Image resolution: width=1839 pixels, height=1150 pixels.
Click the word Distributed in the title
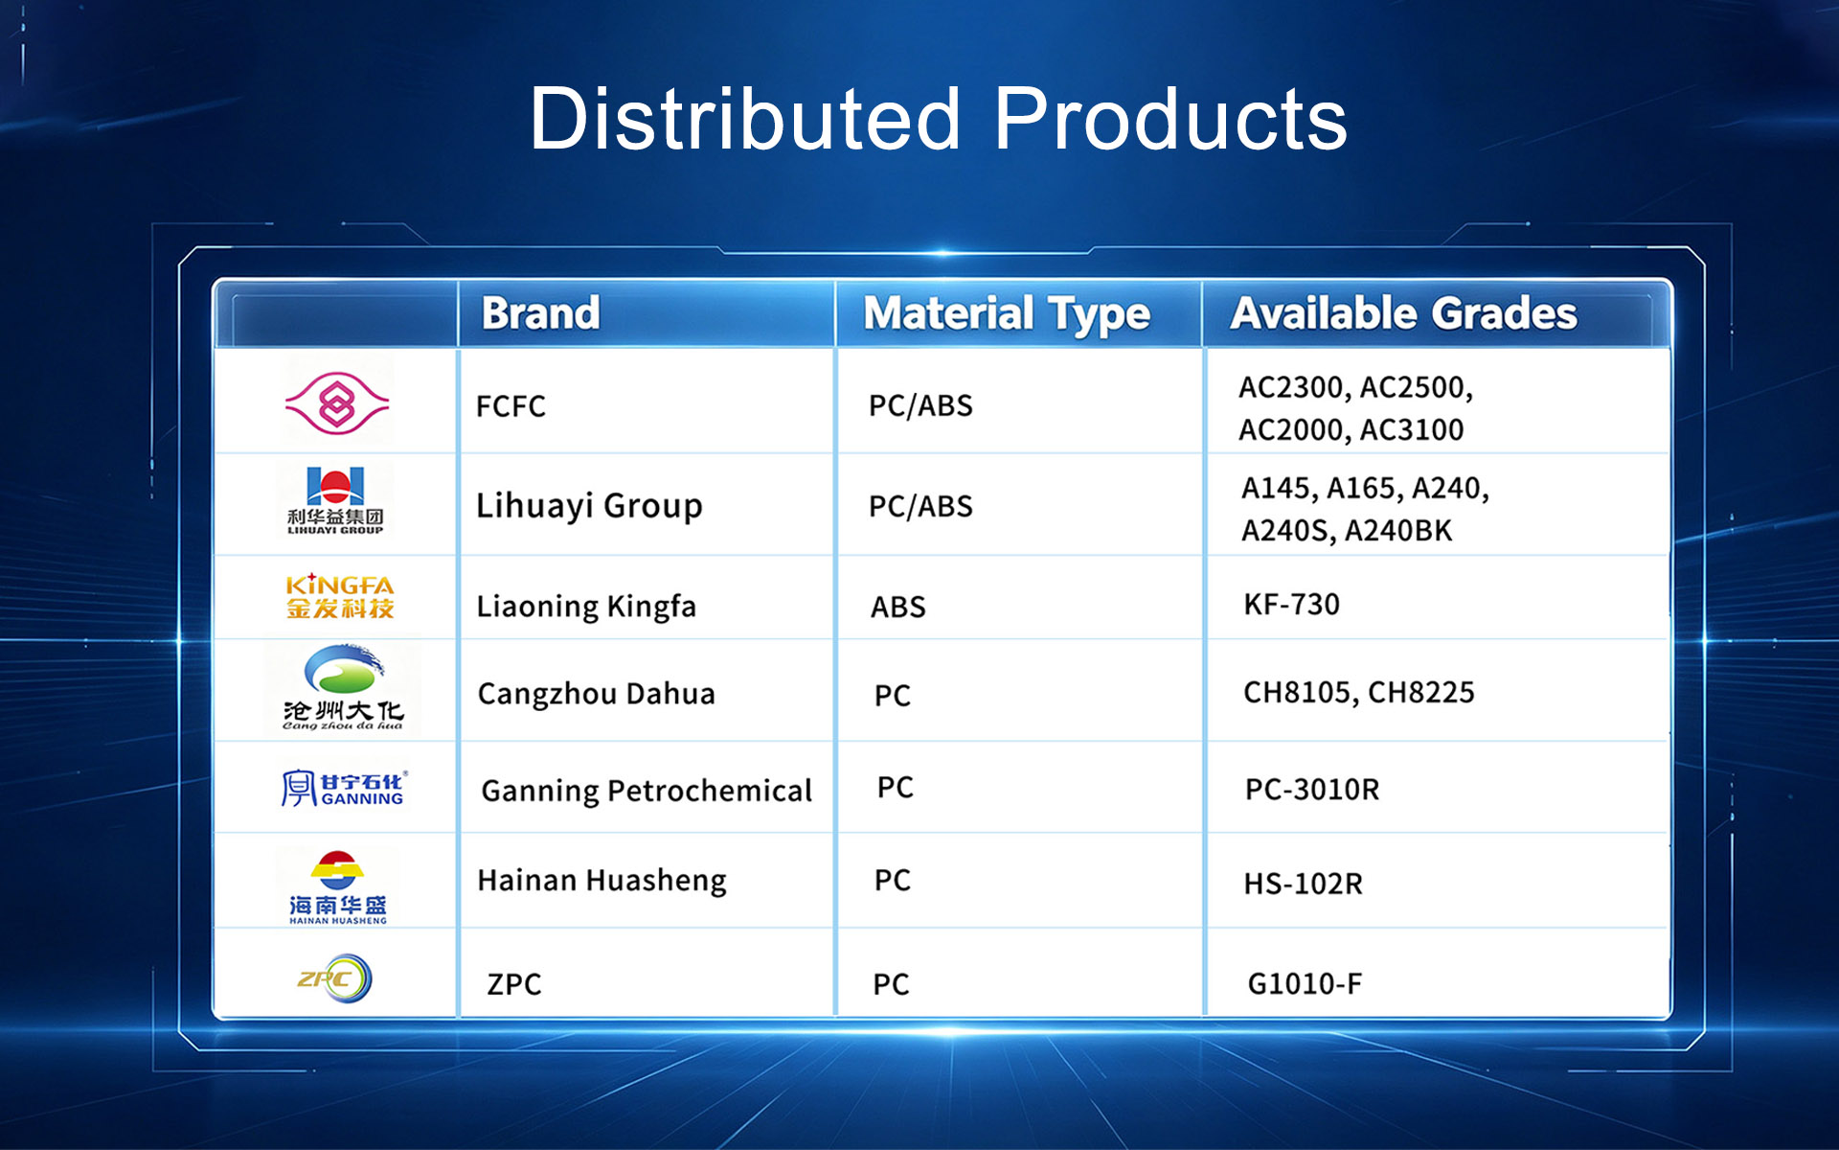[745, 119]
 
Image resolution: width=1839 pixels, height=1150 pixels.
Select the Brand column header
[540, 313]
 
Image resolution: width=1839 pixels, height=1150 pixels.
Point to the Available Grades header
[1404, 313]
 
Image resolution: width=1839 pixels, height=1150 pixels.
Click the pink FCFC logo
[337, 403]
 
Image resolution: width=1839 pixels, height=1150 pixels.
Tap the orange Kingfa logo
[340, 596]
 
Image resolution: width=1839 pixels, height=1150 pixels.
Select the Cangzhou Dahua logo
[343, 688]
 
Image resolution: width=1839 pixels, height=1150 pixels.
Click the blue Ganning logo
[344, 788]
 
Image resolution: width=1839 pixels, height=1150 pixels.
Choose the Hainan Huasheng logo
[338, 887]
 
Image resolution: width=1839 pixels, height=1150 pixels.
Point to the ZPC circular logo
[334, 978]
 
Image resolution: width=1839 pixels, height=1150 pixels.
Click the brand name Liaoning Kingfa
[586, 607]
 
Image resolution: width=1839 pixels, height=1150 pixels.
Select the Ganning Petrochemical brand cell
[647, 791]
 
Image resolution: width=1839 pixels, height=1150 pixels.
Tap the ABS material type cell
[898, 607]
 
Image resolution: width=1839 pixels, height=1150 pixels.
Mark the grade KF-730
[1291, 605]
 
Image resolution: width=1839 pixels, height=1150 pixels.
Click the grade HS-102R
[1304, 884]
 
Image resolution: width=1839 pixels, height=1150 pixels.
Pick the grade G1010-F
[1305, 984]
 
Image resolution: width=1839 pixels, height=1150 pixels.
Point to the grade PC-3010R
[1312, 790]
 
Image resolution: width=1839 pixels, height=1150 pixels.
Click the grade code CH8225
[1421, 692]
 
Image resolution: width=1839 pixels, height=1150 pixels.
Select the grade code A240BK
[1399, 531]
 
